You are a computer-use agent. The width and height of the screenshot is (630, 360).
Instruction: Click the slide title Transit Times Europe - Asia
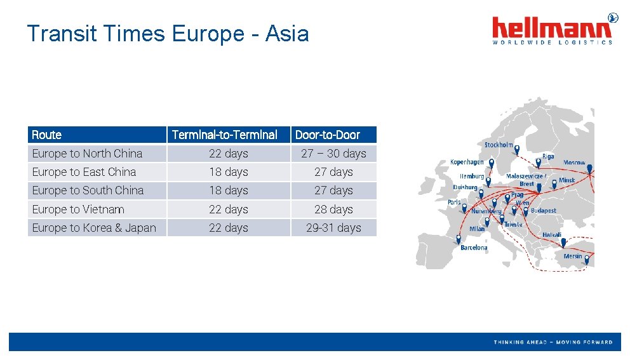[168, 33]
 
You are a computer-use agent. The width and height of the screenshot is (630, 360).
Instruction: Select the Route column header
[47, 135]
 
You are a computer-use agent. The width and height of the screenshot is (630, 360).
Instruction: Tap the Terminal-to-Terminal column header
[224, 135]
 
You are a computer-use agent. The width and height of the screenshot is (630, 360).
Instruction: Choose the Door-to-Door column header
[328, 135]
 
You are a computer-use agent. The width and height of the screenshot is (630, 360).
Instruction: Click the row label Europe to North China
[87, 154]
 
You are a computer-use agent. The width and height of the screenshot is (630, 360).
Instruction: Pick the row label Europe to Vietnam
[78, 210]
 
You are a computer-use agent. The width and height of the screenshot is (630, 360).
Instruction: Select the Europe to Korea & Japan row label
[94, 228]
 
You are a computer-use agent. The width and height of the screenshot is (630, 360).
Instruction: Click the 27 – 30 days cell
[333, 154]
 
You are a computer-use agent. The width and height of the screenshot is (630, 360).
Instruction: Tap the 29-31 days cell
[333, 228]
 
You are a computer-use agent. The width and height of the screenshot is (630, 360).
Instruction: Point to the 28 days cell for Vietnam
[333, 210]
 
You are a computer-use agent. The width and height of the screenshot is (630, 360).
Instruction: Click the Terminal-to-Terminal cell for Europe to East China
[229, 172]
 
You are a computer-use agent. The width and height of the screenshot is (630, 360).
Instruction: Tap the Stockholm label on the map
[499, 145]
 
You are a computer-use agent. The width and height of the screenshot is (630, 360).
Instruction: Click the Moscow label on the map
[574, 163]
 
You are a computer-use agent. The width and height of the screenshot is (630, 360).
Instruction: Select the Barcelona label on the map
[474, 248]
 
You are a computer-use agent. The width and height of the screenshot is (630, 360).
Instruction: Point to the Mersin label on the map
[572, 257]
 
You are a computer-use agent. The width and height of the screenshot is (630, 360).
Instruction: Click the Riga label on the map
[548, 156]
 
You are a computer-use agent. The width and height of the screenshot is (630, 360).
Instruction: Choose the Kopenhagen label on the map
[467, 163]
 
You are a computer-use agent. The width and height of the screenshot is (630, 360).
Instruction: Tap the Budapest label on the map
[543, 211]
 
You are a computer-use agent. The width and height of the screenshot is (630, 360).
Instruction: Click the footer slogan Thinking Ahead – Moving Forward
[553, 342]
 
